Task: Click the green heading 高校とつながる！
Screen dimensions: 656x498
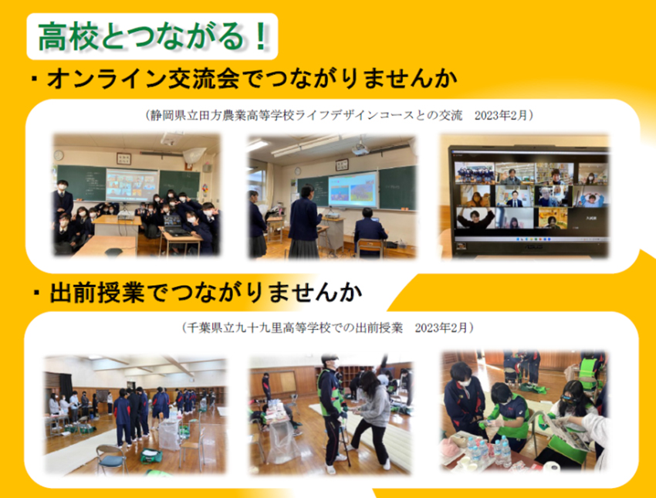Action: (153, 36)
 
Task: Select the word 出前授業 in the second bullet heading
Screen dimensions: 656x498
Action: (97, 293)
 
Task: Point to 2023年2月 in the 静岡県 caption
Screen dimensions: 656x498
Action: (501, 115)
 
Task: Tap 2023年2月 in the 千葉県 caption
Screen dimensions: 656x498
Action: (441, 327)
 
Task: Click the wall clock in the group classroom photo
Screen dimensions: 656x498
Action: (59, 155)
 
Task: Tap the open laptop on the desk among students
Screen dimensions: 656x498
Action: (174, 225)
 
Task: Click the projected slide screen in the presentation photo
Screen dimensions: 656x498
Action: (352, 190)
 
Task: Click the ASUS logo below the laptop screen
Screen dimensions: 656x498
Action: (528, 246)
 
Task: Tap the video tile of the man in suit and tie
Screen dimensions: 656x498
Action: (514, 196)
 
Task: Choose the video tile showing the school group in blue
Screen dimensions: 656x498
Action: (475, 173)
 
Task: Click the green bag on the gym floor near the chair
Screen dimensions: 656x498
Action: (151, 456)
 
